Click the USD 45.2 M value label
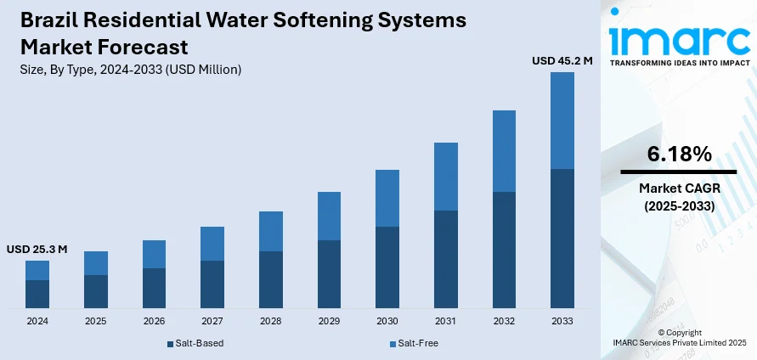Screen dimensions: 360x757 pyautogui.click(x=562, y=60)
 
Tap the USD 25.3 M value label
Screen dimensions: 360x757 pyautogui.click(x=37, y=250)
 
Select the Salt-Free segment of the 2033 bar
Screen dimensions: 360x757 pyautogui.click(x=562, y=121)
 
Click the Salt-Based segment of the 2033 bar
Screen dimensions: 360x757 pyautogui.click(x=562, y=238)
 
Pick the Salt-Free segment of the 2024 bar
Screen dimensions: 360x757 pyautogui.click(x=37, y=270)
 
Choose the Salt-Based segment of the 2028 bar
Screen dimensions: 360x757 pyautogui.click(x=271, y=278)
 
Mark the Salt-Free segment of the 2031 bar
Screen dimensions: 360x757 pyautogui.click(x=446, y=177)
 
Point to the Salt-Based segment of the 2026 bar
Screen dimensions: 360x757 pyautogui.click(x=154, y=288)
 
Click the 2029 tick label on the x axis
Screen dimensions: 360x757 pyautogui.click(x=329, y=322)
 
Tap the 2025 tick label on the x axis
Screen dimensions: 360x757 pyautogui.click(x=95, y=322)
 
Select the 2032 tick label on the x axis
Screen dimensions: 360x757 pyautogui.click(x=504, y=322)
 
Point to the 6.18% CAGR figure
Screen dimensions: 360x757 pyautogui.click(x=678, y=154)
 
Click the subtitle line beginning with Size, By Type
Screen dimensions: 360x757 pyautogui.click(x=127, y=70)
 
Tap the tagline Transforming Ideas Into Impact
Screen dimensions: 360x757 pyautogui.click(x=678, y=64)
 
